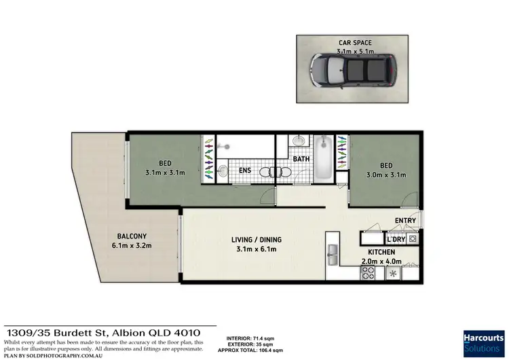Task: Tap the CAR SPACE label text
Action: pyautogui.click(x=356, y=42)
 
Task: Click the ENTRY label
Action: pyautogui.click(x=406, y=220)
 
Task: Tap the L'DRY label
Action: pyautogui.click(x=395, y=238)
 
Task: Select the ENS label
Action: pyautogui.click(x=245, y=170)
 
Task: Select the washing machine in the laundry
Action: pyautogui.click(x=413, y=238)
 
